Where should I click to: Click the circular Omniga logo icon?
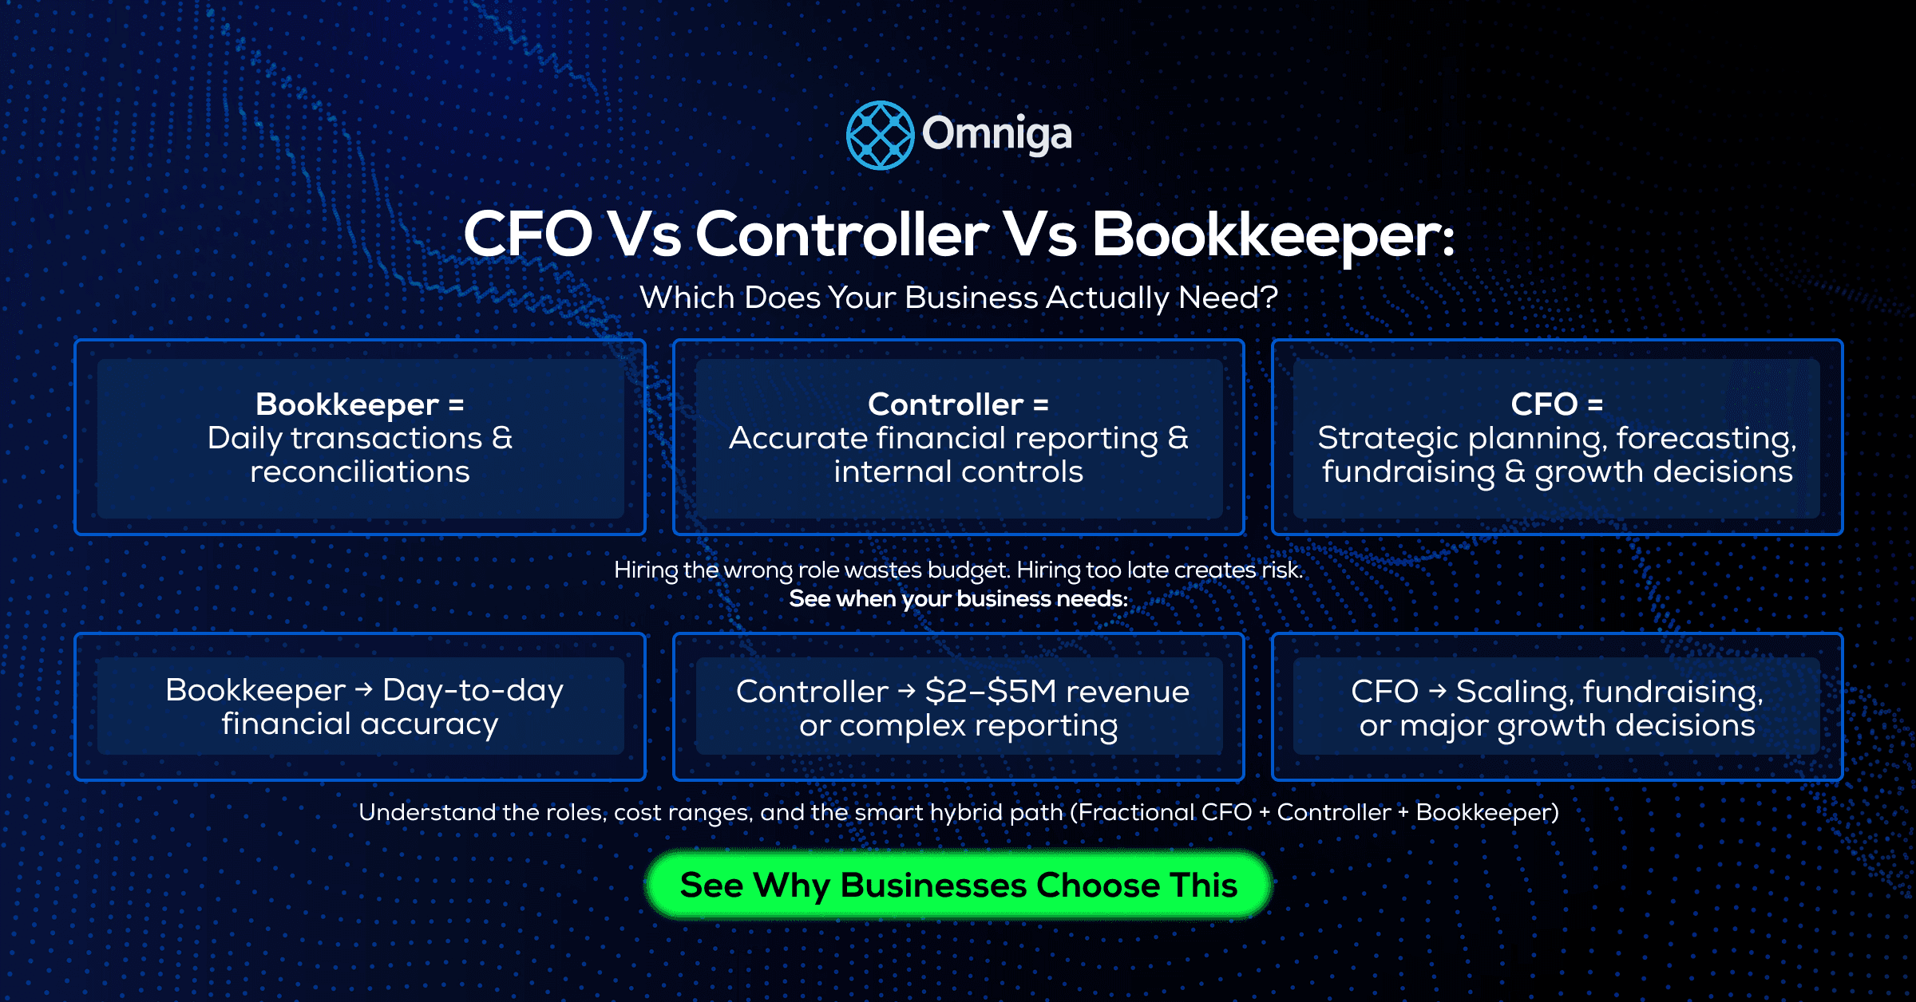[880, 135]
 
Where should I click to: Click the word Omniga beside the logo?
[996, 135]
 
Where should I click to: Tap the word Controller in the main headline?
[842, 235]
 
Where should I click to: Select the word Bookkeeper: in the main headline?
[1273, 235]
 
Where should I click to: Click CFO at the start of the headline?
[528, 235]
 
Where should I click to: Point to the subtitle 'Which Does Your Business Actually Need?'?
[958, 298]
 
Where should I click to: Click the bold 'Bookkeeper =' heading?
[359, 404]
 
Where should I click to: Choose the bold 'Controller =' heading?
[958, 404]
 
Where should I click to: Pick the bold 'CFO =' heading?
[1557, 404]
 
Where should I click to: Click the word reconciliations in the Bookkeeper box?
[359, 472]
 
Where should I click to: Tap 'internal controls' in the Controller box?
[958, 472]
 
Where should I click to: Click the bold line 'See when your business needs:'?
[958, 599]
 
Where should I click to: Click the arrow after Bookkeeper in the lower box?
[364, 689]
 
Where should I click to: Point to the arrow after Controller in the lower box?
[906, 691]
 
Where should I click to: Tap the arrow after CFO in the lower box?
[1437, 691]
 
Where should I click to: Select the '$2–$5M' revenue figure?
[990, 692]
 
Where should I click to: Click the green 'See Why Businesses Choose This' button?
[958, 886]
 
